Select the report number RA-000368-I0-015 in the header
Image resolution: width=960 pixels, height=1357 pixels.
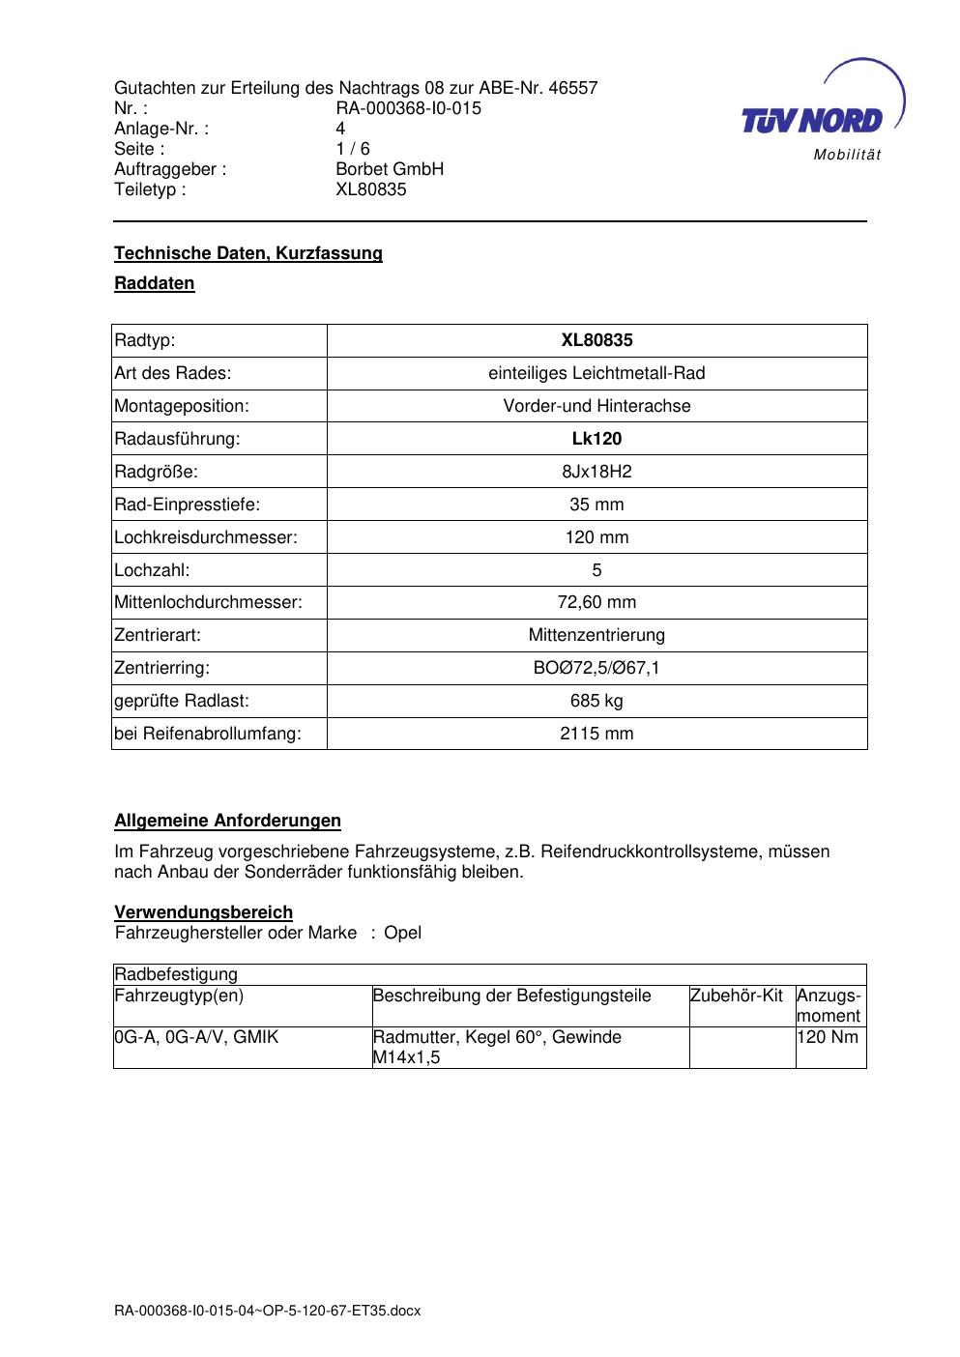point(408,108)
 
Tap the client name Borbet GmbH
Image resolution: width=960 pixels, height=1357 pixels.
point(390,169)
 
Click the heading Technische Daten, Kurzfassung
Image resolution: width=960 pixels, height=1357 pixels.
point(248,253)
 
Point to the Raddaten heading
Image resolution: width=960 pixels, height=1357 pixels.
point(155,283)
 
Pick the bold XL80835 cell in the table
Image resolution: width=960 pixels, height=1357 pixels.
point(596,340)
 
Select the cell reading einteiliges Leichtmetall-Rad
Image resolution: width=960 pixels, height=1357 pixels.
point(596,373)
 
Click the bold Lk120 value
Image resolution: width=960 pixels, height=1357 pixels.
point(596,439)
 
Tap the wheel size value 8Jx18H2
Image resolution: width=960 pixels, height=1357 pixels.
point(596,472)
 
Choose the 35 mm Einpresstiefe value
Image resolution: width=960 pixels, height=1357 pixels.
point(596,505)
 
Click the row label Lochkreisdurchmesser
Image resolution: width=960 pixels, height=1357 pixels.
point(206,537)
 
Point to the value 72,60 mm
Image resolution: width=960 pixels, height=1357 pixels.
point(596,602)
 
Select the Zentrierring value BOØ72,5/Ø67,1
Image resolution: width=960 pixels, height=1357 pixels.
point(596,668)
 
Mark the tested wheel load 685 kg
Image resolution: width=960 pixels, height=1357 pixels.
point(596,701)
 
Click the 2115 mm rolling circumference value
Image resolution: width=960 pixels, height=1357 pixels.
point(596,734)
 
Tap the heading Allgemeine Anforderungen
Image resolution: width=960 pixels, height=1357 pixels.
point(227,821)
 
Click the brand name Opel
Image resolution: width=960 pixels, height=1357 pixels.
point(402,933)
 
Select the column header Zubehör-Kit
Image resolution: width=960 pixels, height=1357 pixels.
point(736,996)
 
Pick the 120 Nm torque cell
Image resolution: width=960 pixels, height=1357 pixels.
point(828,1037)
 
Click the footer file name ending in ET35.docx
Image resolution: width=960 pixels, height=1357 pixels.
point(268,1312)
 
